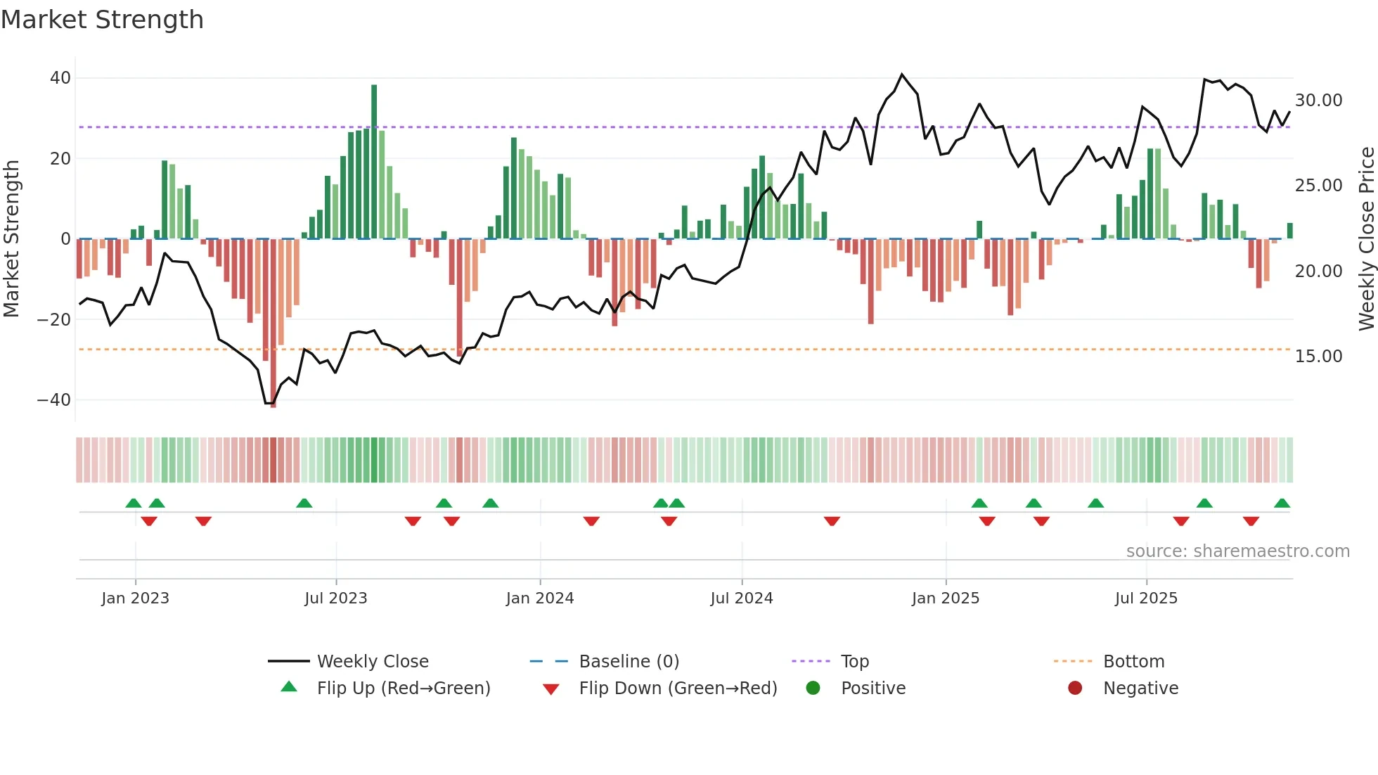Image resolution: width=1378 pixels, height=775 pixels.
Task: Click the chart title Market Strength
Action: [102, 20]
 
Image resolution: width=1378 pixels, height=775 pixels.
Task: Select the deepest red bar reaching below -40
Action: [273, 324]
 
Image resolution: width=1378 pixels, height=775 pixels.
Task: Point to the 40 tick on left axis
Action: [60, 78]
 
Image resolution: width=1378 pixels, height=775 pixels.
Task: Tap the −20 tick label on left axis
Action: [54, 319]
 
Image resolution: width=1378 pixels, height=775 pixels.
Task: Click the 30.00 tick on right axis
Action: [1318, 101]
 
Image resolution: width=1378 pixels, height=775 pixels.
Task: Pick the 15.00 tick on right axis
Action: [1318, 357]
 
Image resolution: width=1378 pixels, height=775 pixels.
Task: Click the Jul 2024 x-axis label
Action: [741, 598]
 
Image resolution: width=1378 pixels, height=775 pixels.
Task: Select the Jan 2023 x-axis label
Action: [135, 598]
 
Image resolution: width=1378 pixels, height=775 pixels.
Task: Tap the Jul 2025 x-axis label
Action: [1146, 598]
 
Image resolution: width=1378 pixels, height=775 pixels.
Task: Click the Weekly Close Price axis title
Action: [1366, 239]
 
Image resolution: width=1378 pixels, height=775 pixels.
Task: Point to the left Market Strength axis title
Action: [11, 239]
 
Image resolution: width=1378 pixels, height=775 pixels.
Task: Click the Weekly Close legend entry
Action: [372, 662]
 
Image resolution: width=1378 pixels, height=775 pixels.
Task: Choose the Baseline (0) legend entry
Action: [629, 662]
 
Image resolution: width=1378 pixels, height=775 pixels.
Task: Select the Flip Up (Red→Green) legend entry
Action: [403, 688]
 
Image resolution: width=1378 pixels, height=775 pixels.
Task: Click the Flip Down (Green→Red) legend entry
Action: [678, 688]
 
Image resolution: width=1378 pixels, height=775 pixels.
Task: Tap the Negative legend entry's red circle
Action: [1075, 688]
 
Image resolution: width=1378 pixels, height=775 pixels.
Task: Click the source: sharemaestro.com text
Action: [1237, 551]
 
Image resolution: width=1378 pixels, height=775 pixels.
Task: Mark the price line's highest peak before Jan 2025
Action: [902, 74]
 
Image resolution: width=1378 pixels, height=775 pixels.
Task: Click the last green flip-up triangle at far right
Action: [1282, 504]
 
